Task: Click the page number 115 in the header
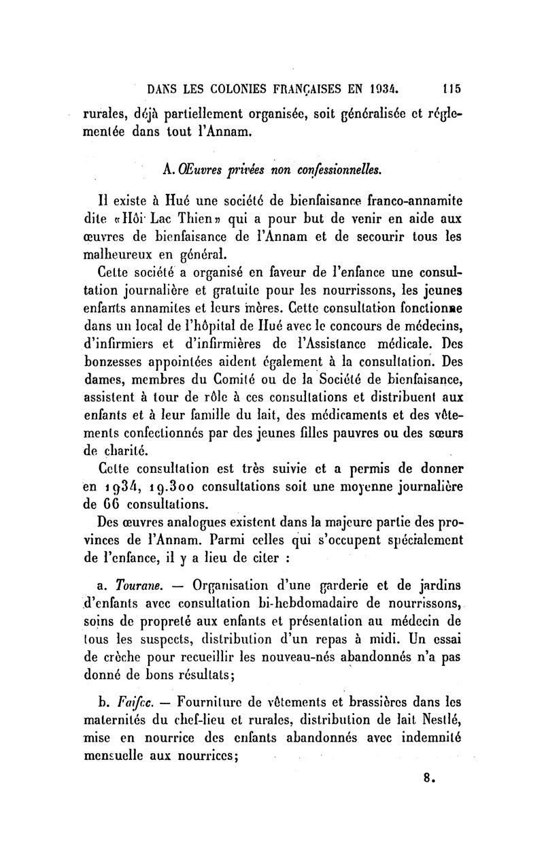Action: [x=452, y=88]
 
